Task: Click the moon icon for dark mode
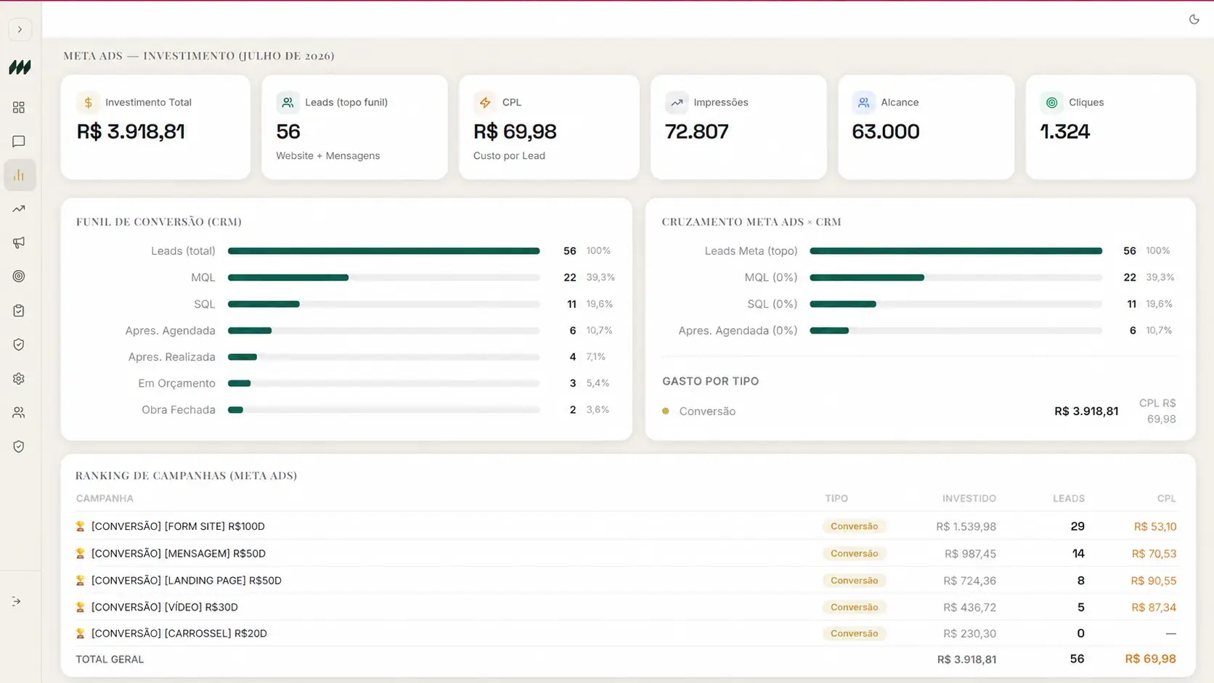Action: pos(1194,20)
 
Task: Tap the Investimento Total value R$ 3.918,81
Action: pos(131,131)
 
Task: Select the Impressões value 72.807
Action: pos(696,131)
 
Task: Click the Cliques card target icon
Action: pos(1051,102)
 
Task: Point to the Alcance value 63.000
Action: pos(886,131)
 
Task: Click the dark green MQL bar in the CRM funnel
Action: pos(288,277)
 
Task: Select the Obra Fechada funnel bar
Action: pos(236,410)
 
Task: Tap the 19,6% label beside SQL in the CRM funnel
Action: pos(600,304)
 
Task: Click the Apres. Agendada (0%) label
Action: pos(738,330)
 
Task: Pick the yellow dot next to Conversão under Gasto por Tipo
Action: pos(666,411)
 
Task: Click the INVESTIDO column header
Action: pos(969,499)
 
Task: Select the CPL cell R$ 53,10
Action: pos(1155,526)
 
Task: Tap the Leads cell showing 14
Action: pos(1078,554)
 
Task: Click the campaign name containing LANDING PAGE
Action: pos(187,581)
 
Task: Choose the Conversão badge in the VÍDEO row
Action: pos(854,608)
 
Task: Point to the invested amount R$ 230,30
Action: pos(969,633)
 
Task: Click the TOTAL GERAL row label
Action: pos(110,659)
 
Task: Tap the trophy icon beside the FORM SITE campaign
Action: pos(80,526)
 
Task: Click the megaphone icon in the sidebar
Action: pos(19,242)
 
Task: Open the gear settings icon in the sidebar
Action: pos(19,379)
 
